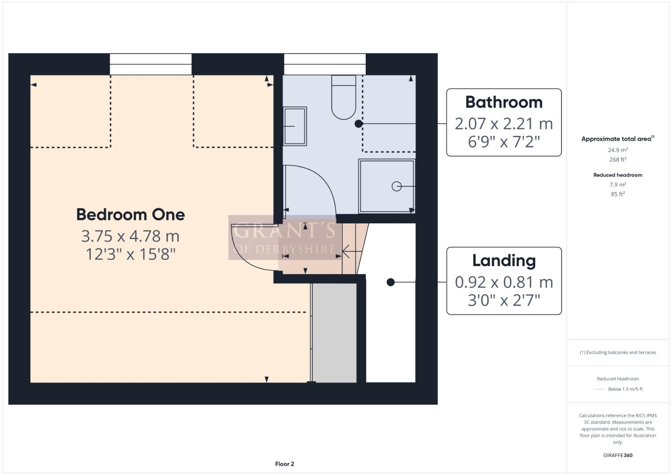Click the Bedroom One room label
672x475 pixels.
130,215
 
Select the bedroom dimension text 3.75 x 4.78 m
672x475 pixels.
130,236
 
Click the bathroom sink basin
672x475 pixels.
295,126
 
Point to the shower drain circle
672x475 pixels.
397,186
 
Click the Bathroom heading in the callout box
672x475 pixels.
504,102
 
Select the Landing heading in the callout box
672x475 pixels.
504,260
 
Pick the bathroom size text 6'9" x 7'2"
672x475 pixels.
504,142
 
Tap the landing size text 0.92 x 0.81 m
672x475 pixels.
504,282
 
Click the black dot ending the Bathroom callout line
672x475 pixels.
359,124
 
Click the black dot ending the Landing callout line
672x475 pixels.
390,282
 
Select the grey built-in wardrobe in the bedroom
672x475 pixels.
334,332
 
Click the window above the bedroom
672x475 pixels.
151,64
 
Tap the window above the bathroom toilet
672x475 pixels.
325,64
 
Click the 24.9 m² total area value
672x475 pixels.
617,150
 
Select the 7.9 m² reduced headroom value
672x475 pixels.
617,185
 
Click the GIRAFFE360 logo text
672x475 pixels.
617,455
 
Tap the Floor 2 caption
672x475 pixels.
284,464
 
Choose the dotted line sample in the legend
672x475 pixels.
599,389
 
